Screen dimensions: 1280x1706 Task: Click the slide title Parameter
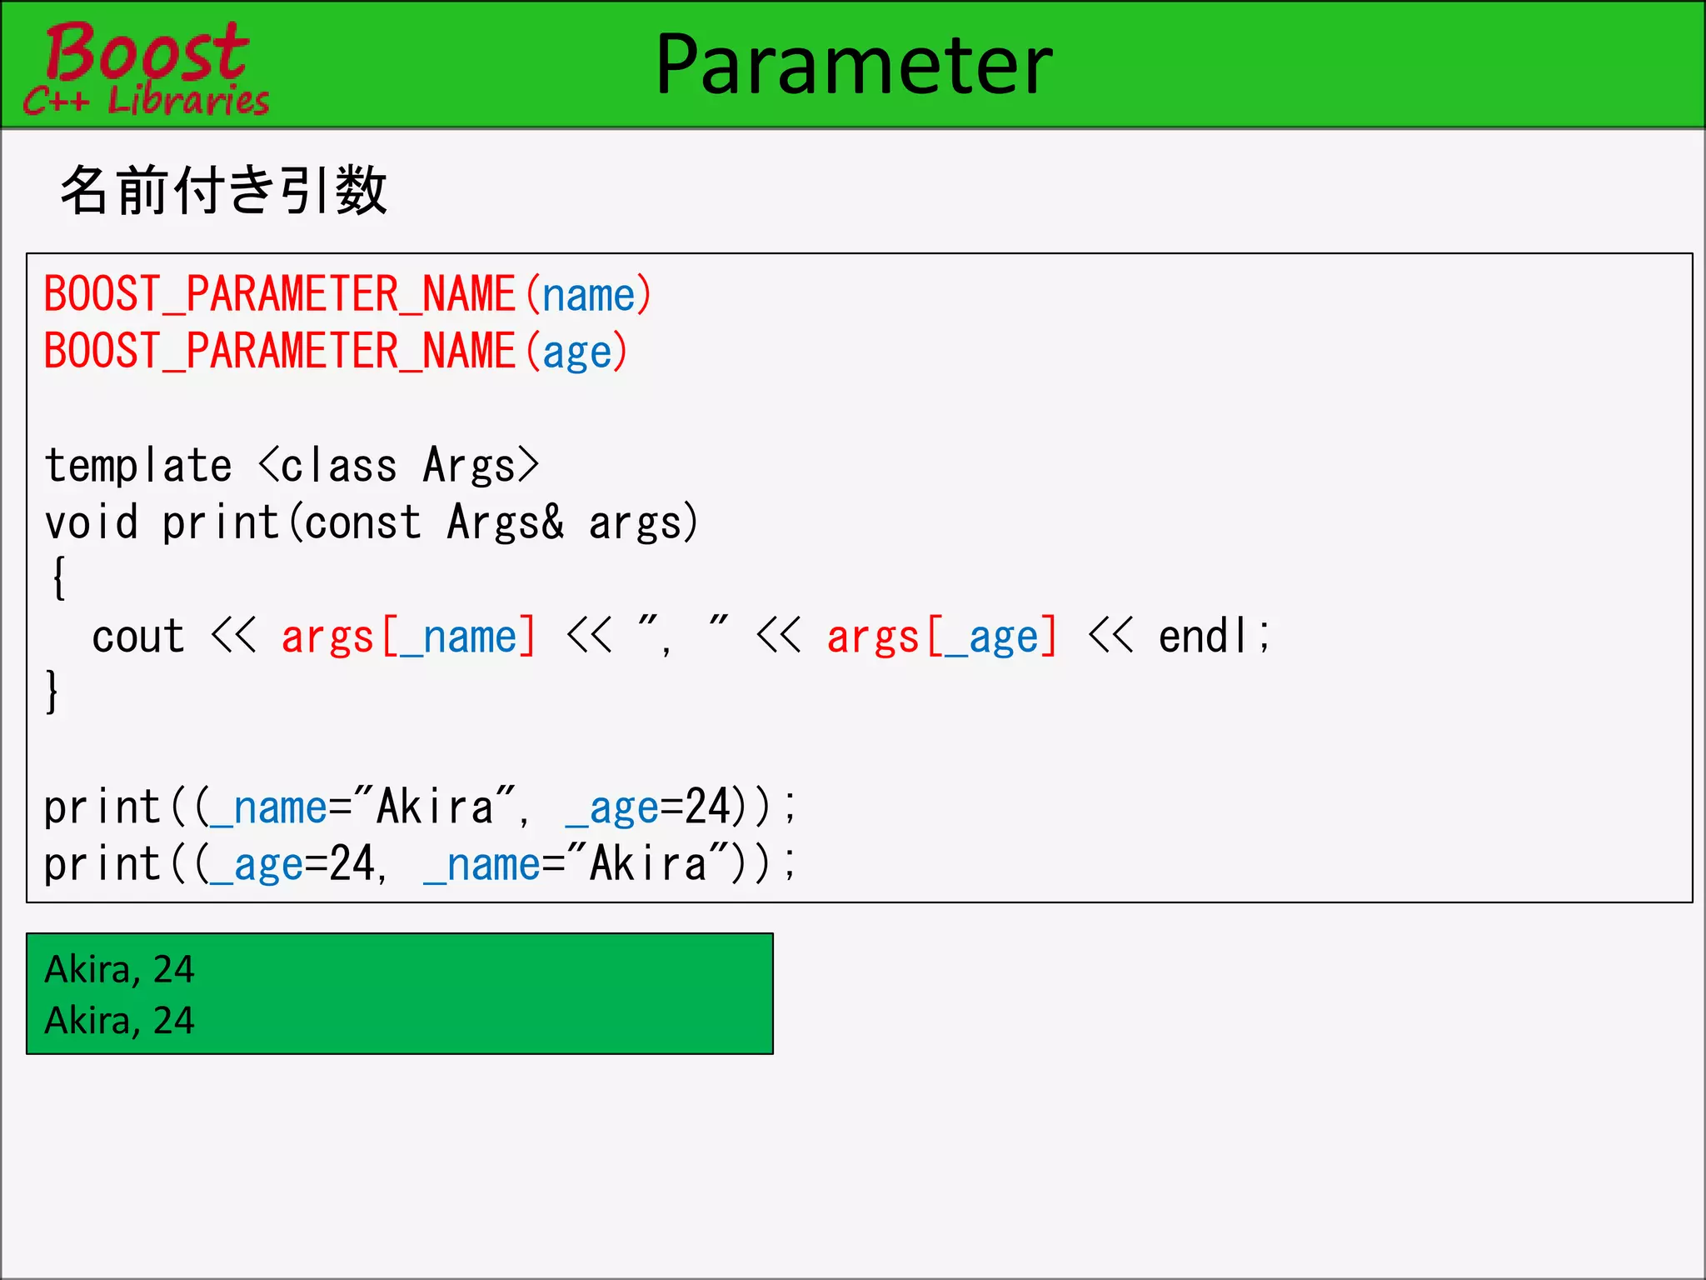pyautogui.click(x=854, y=64)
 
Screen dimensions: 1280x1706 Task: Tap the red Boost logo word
pyautogui.click(x=147, y=52)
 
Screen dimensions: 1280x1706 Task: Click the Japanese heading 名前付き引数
pyautogui.click(x=223, y=190)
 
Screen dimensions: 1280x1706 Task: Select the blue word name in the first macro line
pyautogui.click(x=589, y=296)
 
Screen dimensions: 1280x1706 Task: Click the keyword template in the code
pyautogui.click(x=138, y=466)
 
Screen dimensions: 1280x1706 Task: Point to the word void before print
pyautogui.click(x=91, y=523)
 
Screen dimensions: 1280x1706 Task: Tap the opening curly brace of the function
pyautogui.click(x=58, y=577)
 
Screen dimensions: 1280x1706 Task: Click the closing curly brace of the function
pyautogui.click(x=52, y=692)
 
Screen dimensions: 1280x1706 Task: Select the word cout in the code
pyautogui.click(x=137, y=637)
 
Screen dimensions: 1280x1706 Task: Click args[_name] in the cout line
pyautogui.click(x=408, y=637)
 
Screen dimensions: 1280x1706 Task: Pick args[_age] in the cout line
pyautogui.click(x=941, y=637)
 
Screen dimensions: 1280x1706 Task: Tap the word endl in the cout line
pyautogui.click(x=1203, y=637)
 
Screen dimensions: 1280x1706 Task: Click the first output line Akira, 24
pyautogui.click(x=119, y=969)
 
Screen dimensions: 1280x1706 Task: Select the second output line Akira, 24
pyautogui.click(x=119, y=1021)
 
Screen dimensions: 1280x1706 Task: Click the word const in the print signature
pyautogui.click(x=362, y=523)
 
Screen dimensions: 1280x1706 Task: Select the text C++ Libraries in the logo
pyautogui.click(x=147, y=101)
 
